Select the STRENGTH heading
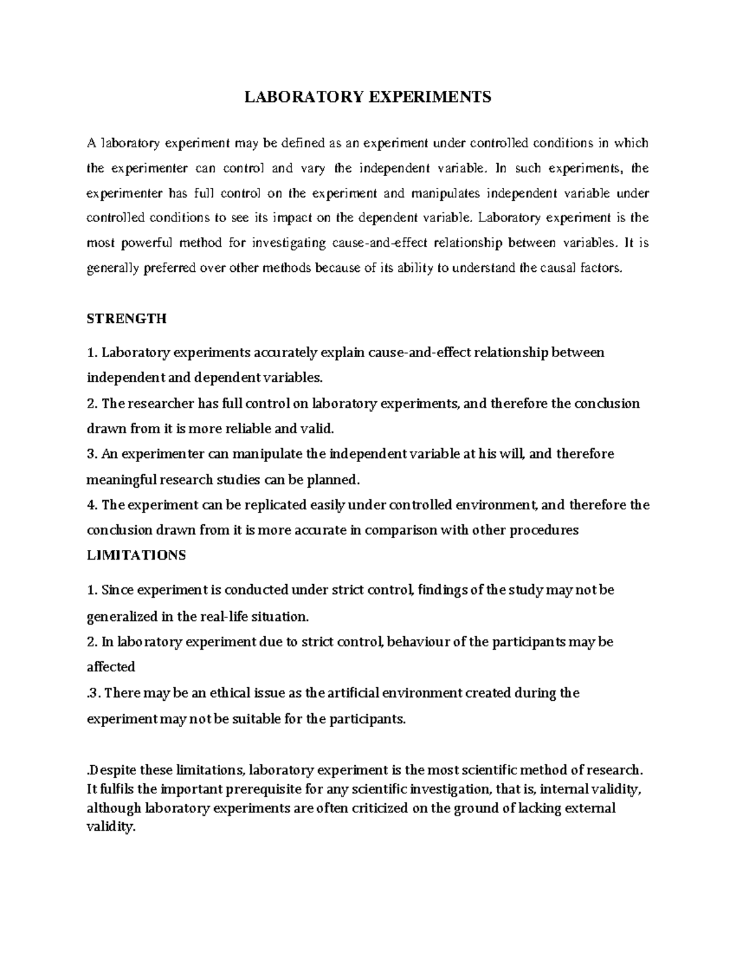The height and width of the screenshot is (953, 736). (127, 319)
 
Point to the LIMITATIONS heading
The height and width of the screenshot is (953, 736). (137, 555)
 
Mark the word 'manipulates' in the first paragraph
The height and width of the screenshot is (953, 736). (446, 193)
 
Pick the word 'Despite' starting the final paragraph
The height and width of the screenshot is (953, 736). (113, 770)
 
